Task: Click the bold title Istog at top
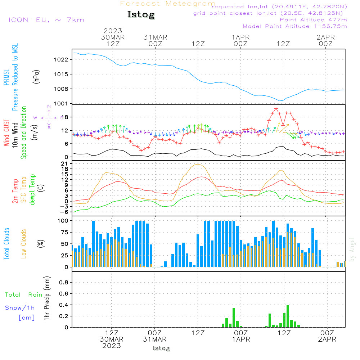141,15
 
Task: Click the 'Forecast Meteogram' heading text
168,4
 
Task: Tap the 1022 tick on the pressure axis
61,59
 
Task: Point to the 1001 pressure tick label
61,104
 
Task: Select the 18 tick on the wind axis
64,117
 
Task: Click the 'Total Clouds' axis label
7,244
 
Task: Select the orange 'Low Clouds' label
24,243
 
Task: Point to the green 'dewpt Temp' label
32,190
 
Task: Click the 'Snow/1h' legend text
20,308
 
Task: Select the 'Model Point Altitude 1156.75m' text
295,26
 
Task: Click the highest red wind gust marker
276,109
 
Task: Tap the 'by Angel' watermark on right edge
352,250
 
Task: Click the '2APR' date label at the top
325,37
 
